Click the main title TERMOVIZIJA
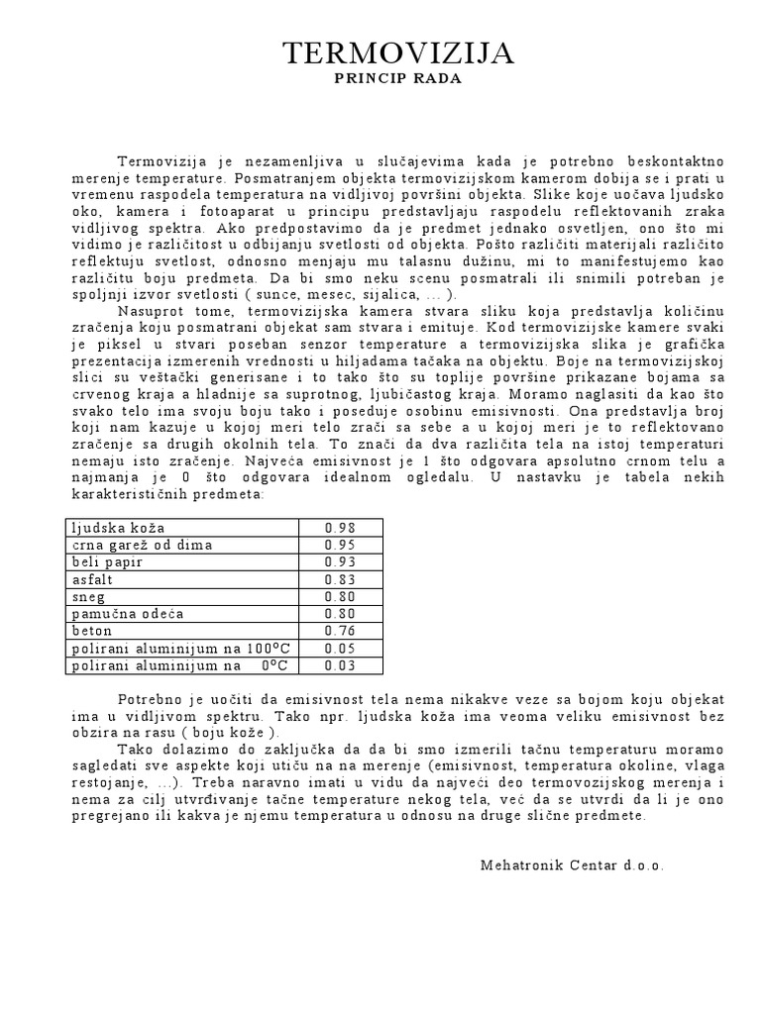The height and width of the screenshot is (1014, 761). click(x=398, y=53)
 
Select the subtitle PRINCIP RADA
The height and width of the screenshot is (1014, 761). click(x=398, y=79)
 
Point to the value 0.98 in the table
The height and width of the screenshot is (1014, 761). click(x=340, y=527)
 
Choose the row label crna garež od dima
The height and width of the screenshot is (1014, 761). click(x=142, y=545)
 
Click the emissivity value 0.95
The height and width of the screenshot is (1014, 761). click(x=340, y=545)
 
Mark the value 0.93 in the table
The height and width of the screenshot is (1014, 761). click(x=340, y=561)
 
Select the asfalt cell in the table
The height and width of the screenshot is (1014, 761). click(x=92, y=578)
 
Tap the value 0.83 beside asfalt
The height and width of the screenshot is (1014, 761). click(x=340, y=578)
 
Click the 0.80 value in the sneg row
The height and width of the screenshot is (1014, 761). click(x=340, y=596)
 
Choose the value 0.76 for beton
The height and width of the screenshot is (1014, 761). click(x=340, y=630)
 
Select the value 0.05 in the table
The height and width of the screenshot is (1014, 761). click(x=340, y=648)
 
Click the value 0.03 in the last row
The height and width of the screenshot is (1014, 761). click(x=340, y=665)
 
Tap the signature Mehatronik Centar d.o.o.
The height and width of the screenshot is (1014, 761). click(x=572, y=864)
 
